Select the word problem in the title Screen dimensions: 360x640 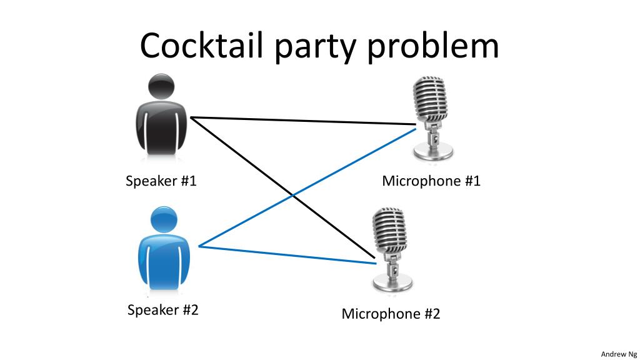point(432,46)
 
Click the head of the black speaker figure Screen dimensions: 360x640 point(162,87)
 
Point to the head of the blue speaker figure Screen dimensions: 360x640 point(164,219)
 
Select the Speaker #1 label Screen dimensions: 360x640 point(161,181)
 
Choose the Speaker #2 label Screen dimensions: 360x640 point(162,309)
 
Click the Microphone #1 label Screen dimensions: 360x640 point(431,181)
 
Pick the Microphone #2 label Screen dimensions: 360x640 point(391,314)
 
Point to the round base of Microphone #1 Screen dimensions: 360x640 point(434,151)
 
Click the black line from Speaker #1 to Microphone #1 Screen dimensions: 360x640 point(300,121)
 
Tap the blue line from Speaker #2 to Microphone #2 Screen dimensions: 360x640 point(281,254)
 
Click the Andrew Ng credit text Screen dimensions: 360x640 point(619,354)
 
